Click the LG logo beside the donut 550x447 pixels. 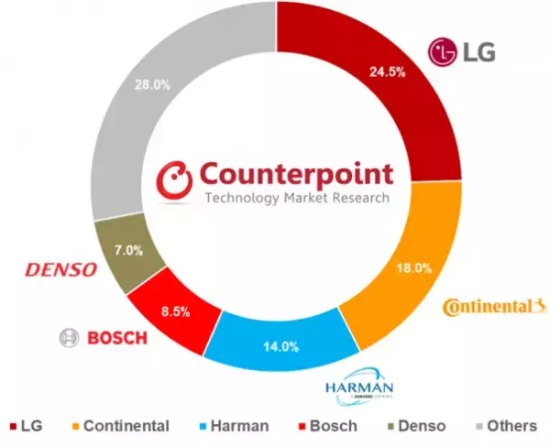pyautogui.click(x=463, y=51)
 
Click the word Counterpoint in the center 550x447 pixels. pyautogui.click(x=294, y=173)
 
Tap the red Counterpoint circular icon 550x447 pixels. pyautogui.click(x=174, y=180)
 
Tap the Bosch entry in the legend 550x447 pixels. pyautogui.click(x=325, y=425)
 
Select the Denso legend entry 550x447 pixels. pyautogui.click(x=410, y=425)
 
